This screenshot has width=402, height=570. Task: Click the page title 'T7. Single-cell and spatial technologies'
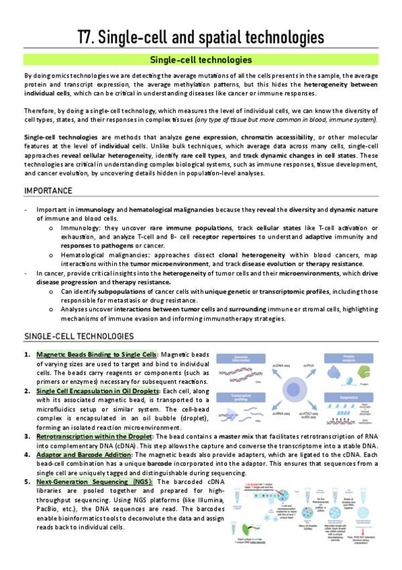point(201,36)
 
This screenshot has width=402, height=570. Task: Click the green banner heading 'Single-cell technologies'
point(201,60)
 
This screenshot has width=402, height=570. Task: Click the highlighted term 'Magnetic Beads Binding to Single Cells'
point(97,354)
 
